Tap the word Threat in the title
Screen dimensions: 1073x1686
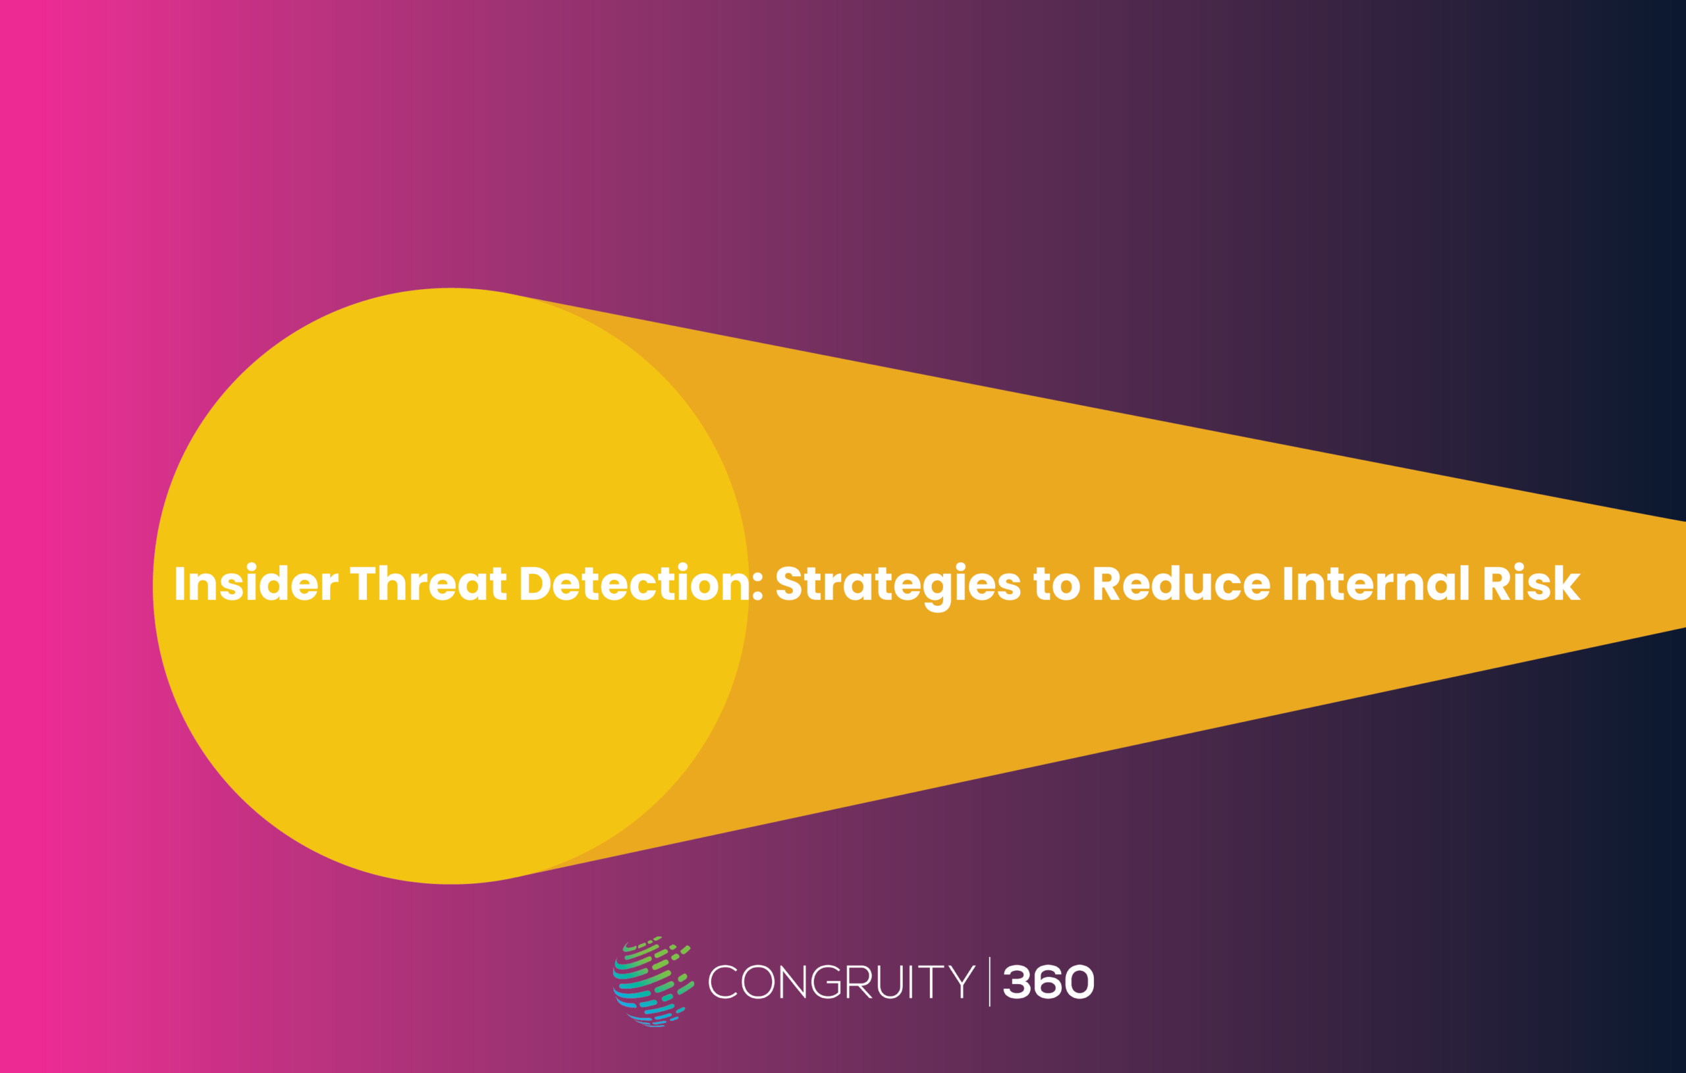point(428,584)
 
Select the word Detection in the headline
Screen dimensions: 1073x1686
point(635,584)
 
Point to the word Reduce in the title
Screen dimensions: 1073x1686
point(1181,584)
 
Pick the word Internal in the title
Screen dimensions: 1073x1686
point(1376,584)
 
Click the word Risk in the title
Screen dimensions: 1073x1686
point(1531,584)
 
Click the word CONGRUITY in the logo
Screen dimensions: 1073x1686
point(842,982)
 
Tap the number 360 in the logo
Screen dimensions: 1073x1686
point(1048,982)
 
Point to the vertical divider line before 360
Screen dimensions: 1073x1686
point(989,982)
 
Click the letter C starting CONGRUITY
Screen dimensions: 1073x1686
point(723,982)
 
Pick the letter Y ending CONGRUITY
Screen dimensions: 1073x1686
point(962,982)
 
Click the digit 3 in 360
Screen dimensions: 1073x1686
point(1017,982)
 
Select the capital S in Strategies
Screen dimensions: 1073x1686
point(789,584)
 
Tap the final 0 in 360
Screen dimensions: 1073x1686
point(1079,982)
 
